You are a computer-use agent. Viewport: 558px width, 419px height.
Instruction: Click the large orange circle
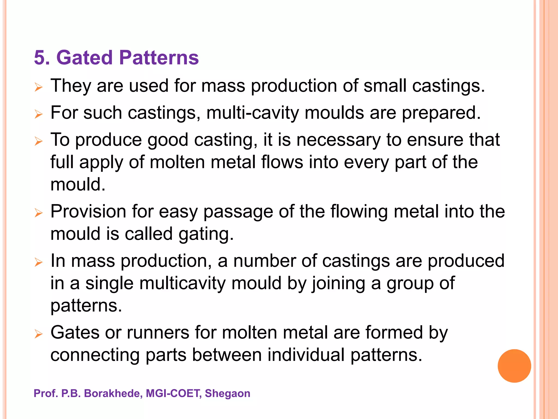tap(514, 366)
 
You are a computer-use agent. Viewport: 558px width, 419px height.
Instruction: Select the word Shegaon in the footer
tap(227, 393)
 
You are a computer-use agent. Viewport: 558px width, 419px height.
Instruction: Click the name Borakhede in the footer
tap(113, 393)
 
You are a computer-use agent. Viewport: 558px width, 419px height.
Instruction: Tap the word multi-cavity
tap(253, 113)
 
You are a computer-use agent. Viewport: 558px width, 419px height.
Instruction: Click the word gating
tap(206, 234)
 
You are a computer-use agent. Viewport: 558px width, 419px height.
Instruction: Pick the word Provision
tap(88, 211)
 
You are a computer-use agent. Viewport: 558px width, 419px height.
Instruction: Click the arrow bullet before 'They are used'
tap(39, 88)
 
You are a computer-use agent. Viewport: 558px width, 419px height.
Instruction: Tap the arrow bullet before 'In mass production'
tap(39, 263)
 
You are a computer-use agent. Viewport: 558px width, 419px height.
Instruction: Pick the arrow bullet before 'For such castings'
tap(39, 115)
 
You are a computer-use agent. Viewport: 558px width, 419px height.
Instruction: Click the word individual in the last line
tap(306, 355)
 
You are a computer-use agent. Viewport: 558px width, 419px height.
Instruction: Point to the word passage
tap(238, 212)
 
